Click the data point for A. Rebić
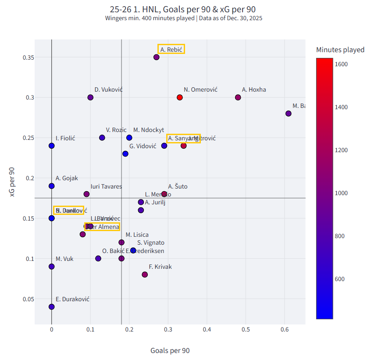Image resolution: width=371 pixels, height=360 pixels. tap(157, 57)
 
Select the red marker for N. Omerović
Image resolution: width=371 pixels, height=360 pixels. tap(180, 97)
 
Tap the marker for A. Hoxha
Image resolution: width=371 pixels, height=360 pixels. tap(238, 97)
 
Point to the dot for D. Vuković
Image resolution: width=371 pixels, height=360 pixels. tap(90, 97)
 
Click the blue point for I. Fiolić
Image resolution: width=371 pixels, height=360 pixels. tap(52, 146)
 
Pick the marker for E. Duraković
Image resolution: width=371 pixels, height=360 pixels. tap(52, 307)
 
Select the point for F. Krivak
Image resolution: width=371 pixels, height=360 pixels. tap(145, 274)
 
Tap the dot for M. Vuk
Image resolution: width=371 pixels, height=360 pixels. tap(52, 267)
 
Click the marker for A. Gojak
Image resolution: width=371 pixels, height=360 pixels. tap(52, 186)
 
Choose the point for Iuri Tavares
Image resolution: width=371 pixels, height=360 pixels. tap(86, 194)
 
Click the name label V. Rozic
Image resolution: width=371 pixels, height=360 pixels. tap(116, 130)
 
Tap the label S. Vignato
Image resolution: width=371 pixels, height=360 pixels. tap(151, 242)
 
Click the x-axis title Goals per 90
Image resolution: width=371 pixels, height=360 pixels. tap(170, 350)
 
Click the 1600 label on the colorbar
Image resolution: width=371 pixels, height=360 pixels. tap(342, 64)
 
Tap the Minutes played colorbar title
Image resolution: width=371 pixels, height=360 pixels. tap(340, 50)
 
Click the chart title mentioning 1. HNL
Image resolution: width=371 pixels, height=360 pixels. tap(183, 9)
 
